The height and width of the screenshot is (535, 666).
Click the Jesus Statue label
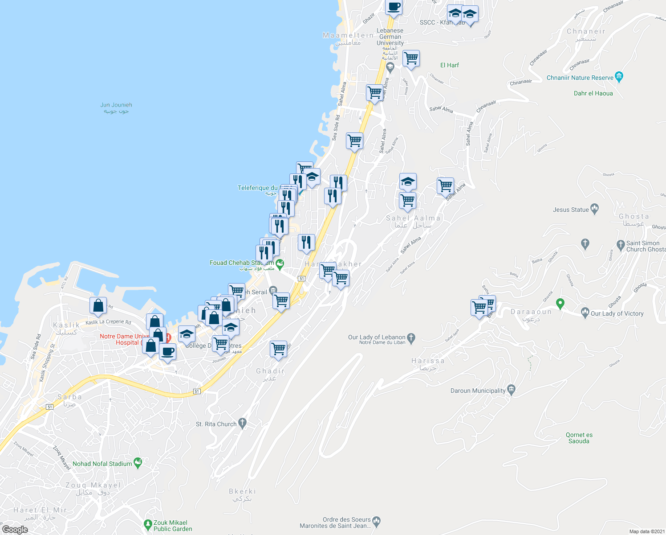click(571, 210)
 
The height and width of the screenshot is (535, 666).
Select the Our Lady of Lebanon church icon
click(411, 338)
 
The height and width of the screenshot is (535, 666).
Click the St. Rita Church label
click(216, 424)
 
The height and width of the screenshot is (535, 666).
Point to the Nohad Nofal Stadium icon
click(138, 463)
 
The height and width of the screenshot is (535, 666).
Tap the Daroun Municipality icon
click(512, 390)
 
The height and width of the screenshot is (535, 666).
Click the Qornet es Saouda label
click(579, 438)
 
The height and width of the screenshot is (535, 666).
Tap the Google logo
click(15, 530)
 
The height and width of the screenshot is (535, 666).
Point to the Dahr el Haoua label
click(593, 93)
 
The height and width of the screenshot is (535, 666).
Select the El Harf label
click(449, 65)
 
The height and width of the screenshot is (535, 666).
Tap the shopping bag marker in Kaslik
click(98, 306)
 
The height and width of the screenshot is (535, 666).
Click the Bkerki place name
click(242, 491)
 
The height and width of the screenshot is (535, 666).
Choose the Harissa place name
click(427, 361)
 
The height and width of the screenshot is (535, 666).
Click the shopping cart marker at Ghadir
click(278, 349)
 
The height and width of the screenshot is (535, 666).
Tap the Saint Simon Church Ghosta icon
click(621, 244)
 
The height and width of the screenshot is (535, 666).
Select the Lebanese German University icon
click(390, 67)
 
